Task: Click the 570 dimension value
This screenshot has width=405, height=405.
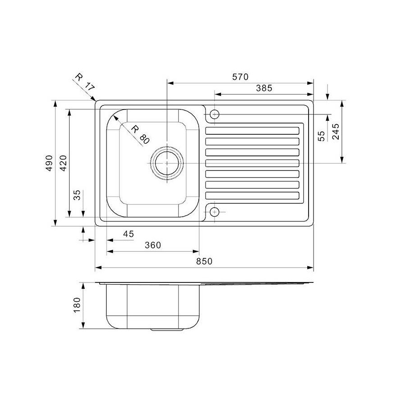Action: (x=240, y=77)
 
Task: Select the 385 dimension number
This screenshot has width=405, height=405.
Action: (x=264, y=88)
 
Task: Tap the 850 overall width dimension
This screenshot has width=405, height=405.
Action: (x=204, y=261)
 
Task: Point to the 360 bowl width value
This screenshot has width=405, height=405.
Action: (x=153, y=245)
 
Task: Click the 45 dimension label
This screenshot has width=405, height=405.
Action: (x=128, y=234)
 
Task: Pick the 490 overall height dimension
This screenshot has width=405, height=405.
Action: (x=50, y=163)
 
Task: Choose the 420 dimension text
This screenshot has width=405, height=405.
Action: (x=63, y=163)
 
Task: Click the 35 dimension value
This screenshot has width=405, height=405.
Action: (x=77, y=195)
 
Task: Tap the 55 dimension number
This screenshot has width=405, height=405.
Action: (x=321, y=136)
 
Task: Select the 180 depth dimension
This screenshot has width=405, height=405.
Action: (x=76, y=305)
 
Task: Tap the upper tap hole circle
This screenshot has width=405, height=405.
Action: (x=215, y=114)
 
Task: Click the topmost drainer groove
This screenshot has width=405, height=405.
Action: (x=252, y=131)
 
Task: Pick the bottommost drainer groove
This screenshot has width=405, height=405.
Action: (x=252, y=196)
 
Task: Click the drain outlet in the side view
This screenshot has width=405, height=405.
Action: (x=167, y=330)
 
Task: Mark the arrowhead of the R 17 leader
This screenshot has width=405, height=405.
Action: (x=95, y=100)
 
